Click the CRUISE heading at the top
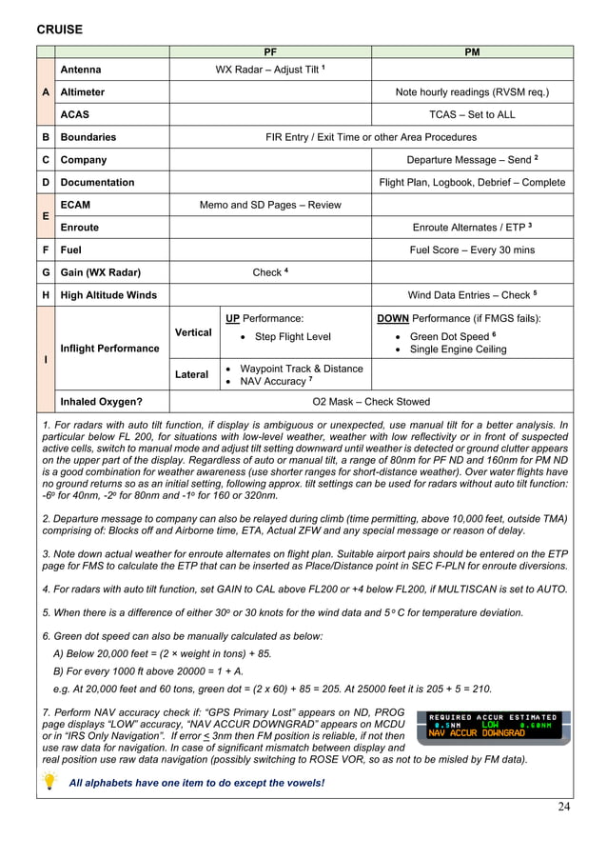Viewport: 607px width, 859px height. coord(58,30)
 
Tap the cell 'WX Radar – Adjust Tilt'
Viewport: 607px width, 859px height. coord(269,70)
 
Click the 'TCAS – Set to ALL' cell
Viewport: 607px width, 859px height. coord(472,114)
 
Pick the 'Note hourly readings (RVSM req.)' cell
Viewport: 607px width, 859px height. coord(472,92)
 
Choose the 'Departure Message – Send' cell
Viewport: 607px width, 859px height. coord(472,160)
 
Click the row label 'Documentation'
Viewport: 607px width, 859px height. coord(97,182)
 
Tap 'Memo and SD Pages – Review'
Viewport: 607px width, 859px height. coord(269,205)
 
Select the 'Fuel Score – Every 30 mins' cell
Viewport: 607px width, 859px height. coord(472,250)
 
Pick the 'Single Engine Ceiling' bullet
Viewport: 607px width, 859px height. coord(458,350)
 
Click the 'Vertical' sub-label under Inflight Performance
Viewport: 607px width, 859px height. coord(193,332)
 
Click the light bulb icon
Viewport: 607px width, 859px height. coord(49,781)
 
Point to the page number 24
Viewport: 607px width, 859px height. coord(564,808)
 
